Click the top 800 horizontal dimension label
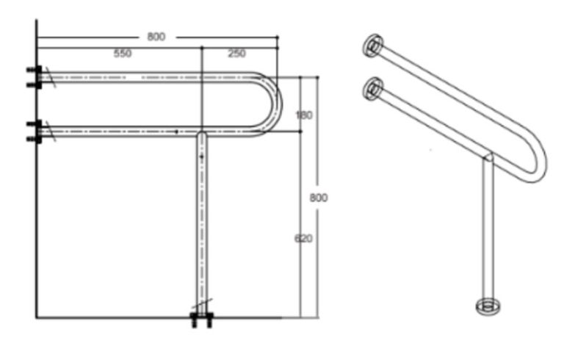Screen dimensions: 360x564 (156, 37)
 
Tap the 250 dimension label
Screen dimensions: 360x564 (236, 54)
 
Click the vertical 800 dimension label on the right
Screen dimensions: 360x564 (318, 198)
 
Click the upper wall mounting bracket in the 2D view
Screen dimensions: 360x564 (33, 77)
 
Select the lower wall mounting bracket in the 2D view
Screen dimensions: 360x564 (33, 131)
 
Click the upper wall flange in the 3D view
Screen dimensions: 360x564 (374, 46)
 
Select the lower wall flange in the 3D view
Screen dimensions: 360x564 (374, 88)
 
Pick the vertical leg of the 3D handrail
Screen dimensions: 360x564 (485, 228)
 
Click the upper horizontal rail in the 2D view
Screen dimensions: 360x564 (147, 77)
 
